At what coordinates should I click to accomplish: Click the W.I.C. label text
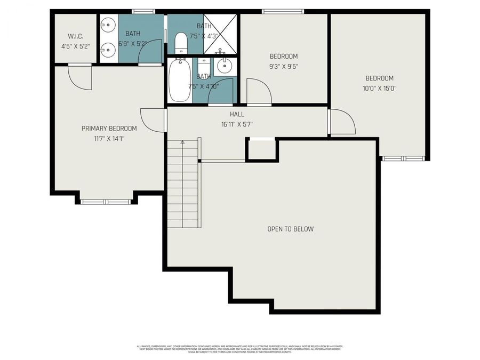coord(75,36)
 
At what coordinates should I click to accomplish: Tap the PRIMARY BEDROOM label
coord(109,129)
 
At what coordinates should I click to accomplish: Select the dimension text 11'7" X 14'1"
coord(109,139)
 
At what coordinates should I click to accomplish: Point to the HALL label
coord(237,114)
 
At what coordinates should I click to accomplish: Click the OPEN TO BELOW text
coord(290,229)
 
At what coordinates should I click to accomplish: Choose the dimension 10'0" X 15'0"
coord(379,89)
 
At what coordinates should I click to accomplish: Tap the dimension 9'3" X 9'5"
coord(283,67)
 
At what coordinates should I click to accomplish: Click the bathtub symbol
coord(180,81)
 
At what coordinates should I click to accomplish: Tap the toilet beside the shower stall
coord(181,43)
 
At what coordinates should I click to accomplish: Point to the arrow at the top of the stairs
coord(182,142)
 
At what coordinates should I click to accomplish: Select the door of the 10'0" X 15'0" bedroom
coord(341,122)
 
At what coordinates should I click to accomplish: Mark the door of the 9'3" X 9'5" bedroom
coord(259,92)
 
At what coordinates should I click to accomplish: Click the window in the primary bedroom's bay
coord(106,202)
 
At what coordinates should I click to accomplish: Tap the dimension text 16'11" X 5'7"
coord(237,124)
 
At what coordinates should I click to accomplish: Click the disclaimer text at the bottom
coord(239,349)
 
